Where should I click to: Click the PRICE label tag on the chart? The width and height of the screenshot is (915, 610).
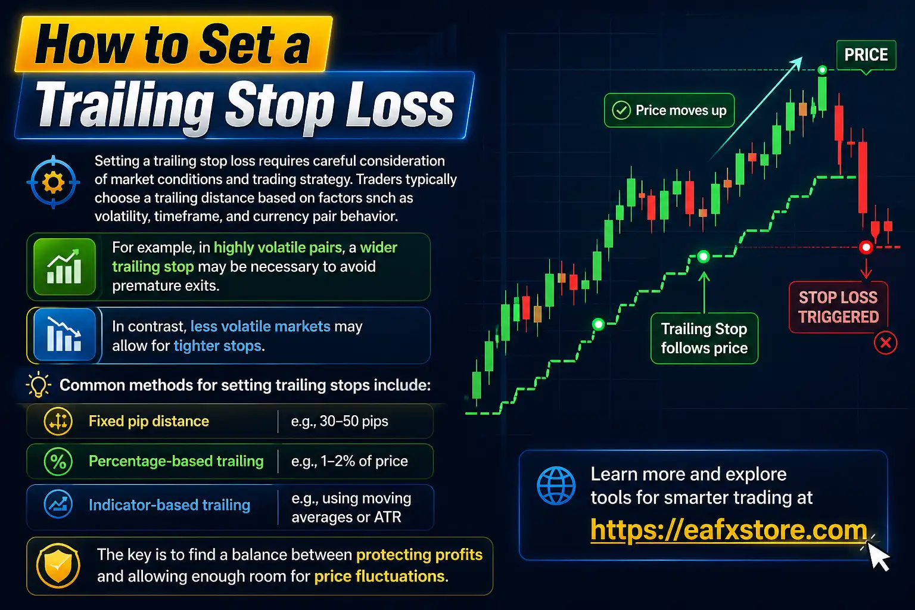(x=866, y=55)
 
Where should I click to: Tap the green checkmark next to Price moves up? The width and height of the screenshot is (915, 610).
(x=621, y=110)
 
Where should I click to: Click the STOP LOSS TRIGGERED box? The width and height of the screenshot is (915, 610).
(x=838, y=307)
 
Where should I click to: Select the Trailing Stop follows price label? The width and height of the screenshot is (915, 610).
(x=704, y=338)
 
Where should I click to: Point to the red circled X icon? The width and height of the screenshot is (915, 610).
(x=886, y=343)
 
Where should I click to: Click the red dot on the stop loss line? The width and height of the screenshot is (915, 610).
(x=866, y=247)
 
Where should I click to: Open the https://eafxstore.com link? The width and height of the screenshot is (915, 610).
(x=729, y=530)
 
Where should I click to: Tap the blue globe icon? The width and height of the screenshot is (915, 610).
(x=556, y=485)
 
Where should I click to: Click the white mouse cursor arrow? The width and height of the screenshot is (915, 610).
(x=878, y=557)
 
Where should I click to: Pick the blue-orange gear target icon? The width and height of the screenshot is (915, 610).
(x=53, y=182)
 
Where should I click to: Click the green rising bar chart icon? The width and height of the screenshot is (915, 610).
(x=64, y=267)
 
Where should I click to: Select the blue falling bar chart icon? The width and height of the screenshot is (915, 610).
(x=64, y=335)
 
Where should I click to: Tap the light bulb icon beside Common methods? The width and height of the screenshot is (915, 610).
(x=39, y=385)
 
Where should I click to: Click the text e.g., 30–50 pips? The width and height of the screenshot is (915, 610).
(x=340, y=422)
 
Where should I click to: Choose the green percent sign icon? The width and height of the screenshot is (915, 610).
(x=58, y=462)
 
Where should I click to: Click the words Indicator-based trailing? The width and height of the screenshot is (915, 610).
(x=169, y=505)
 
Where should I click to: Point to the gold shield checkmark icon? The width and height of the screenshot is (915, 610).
(x=58, y=566)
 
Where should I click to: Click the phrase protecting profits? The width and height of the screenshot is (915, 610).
(x=419, y=555)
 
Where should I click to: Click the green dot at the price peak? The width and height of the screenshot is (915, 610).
(x=822, y=70)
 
